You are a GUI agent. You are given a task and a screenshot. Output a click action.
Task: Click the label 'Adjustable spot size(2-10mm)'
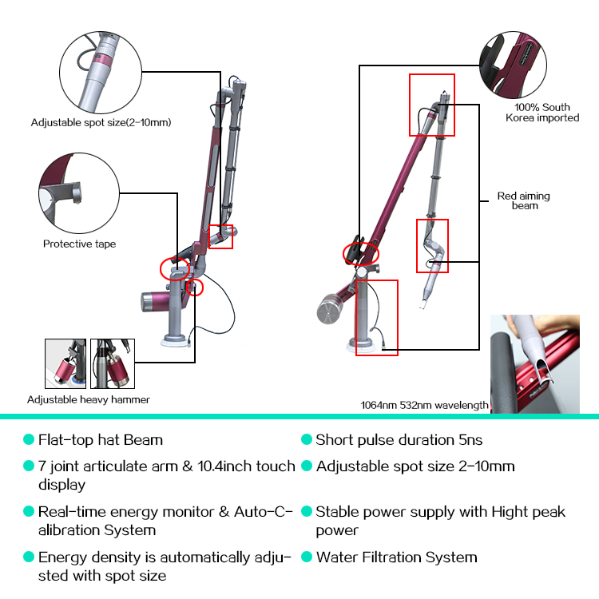[101, 123]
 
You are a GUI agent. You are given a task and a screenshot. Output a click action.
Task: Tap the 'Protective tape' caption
[79, 244]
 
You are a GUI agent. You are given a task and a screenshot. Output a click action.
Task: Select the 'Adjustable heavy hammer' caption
[88, 399]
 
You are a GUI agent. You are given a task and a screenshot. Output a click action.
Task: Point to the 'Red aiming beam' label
[524, 200]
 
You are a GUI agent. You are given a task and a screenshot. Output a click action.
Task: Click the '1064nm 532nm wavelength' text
[424, 405]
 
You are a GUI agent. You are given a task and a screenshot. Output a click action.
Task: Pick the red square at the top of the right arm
[431, 105]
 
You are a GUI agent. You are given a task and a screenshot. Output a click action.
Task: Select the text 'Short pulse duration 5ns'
[399, 440]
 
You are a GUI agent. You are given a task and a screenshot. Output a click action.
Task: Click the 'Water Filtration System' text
[396, 557]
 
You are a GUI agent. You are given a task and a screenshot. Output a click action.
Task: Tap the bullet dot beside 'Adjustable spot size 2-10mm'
[306, 466]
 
